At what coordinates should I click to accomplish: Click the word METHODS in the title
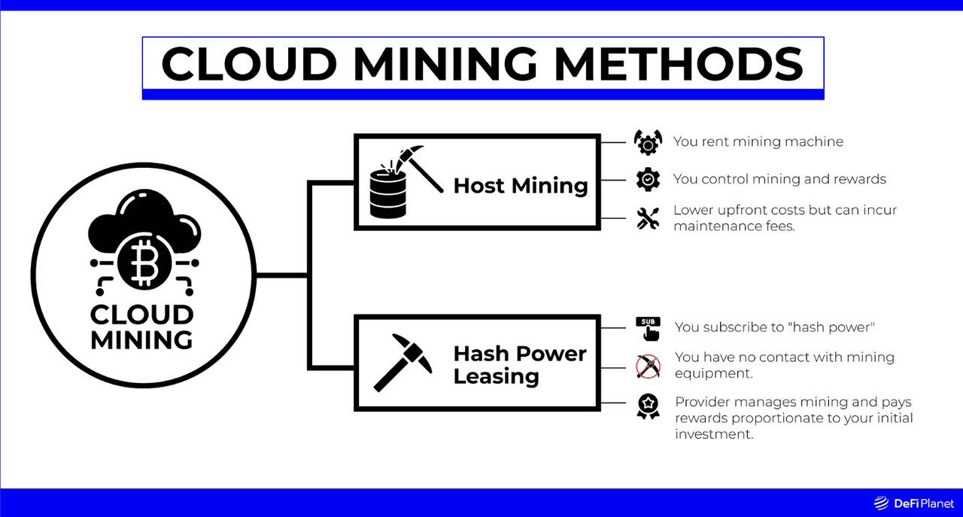pos(679,64)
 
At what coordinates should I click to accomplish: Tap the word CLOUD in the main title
pos(249,64)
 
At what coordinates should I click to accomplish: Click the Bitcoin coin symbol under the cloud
pos(144,263)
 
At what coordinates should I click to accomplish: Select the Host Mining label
pos(521,186)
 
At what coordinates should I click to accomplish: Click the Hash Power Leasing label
pos(520,365)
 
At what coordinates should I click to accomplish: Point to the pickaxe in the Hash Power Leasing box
pos(403,363)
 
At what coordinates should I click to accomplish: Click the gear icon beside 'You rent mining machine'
pos(648,142)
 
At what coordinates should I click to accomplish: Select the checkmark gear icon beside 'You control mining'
pos(648,179)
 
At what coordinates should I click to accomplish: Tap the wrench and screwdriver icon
pos(648,218)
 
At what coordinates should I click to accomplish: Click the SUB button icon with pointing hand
pos(648,329)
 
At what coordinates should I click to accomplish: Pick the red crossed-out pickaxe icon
pos(648,366)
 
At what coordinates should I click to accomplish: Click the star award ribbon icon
pos(648,406)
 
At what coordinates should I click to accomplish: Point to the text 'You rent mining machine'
pos(758,141)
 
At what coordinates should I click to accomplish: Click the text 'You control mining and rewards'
pos(779,179)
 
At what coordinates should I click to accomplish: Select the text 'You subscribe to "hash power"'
pos(775,327)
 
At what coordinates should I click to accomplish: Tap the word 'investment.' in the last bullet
pos(714,434)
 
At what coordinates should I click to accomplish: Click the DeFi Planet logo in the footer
pos(913,503)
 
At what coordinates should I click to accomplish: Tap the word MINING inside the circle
pos(142,340)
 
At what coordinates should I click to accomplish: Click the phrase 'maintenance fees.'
pos(734,227)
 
